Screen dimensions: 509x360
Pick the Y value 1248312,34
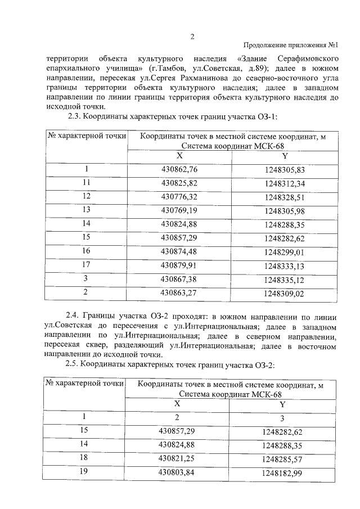285,183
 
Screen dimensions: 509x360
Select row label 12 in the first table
86,196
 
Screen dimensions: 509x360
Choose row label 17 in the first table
86,264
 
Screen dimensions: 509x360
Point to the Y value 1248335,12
285,280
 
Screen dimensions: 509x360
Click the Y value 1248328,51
285,197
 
